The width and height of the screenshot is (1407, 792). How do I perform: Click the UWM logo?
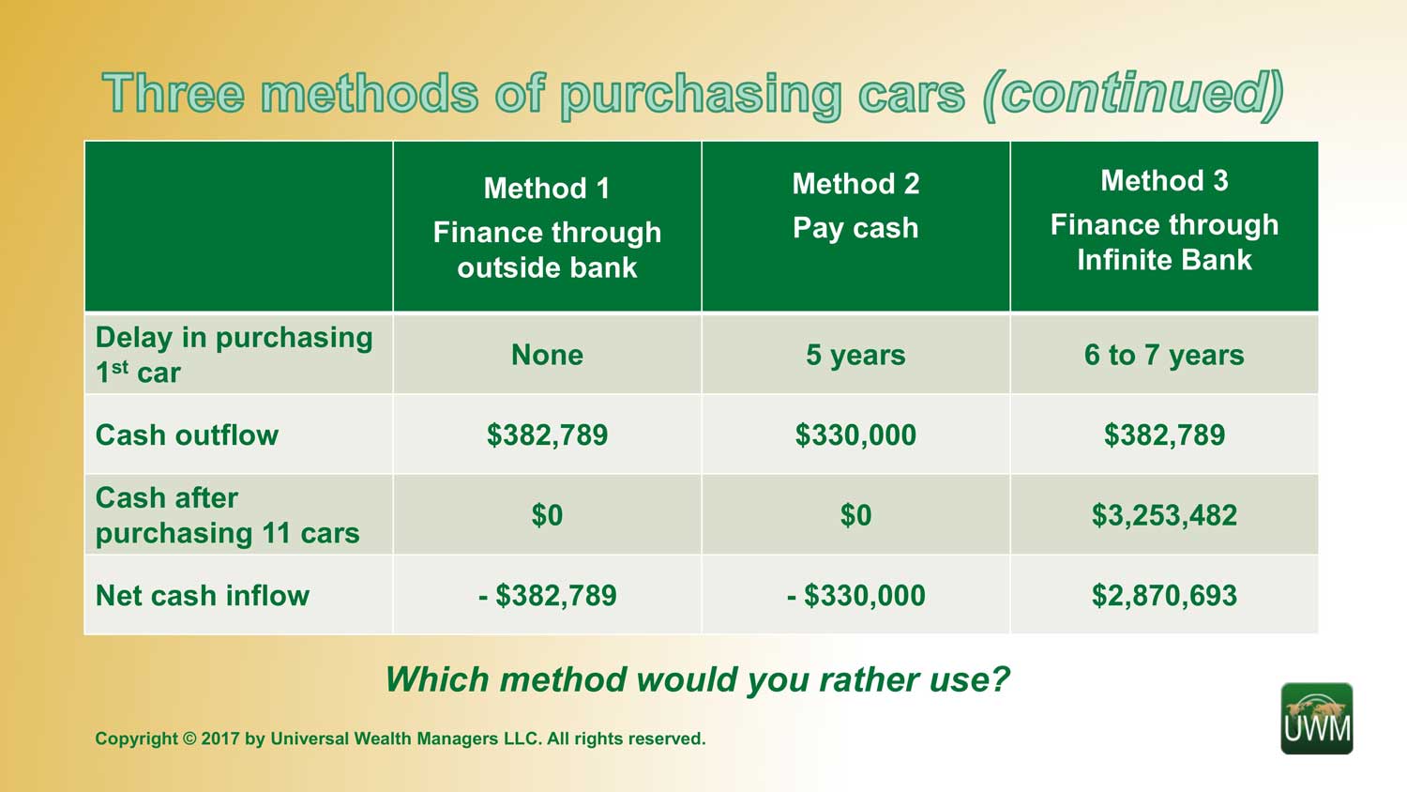coord(1317,719)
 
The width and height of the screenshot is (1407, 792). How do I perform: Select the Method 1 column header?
coord(547,227)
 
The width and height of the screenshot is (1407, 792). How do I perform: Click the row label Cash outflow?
coord(187,435)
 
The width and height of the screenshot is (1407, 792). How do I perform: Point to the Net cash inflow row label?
coord(203,595)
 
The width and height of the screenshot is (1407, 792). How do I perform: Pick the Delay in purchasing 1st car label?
coord(234,355)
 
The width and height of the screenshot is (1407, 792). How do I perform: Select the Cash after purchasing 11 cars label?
coord(227,515)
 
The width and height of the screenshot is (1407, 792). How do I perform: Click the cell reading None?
coord(547,355)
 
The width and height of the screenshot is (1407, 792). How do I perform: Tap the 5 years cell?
coord(855,355)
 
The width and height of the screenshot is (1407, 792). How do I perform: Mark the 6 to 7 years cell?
coord(1164,355)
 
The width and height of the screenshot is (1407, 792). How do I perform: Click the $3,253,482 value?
coord(1164,515)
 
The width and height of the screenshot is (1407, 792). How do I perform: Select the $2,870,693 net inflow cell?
coord(1164,595)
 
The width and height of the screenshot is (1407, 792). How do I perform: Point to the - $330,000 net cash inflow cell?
coord(855,595)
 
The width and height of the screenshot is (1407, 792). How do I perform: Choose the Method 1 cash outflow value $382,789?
coord(547,435)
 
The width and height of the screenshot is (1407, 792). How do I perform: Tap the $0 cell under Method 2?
coord(855,515)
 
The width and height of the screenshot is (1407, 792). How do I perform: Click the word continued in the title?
coord(1132,95)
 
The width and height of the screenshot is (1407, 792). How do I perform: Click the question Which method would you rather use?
coord(697,680)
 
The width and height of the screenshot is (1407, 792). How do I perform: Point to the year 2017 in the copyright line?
coord(219,738)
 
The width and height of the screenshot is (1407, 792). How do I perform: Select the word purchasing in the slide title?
coord(701,96)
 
